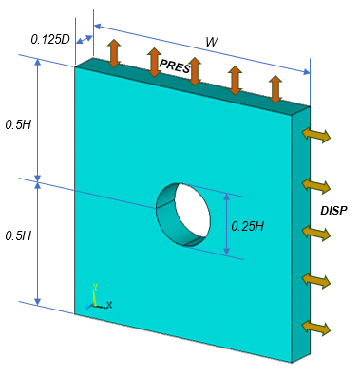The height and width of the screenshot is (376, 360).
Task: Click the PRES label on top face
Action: pyautogui.click(x=175, y=67)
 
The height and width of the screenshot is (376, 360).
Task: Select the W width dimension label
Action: pyautogui.click(x=211, y=42)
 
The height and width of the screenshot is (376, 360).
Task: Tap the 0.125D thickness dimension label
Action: pyautogui.click(x=50, y=40)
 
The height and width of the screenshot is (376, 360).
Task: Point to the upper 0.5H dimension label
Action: pyautogui.click(x=17, y=124)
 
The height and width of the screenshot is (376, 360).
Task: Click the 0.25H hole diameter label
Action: pyautogui.click(x=247, y=225)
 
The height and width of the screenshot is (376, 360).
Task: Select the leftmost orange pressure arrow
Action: pyautogui.click(x=114, y=53)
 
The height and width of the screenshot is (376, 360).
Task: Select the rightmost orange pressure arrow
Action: pyautogui.click(x=275, y=88)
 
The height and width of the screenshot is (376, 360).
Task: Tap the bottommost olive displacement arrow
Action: pyautogui.click(x=317, y=328)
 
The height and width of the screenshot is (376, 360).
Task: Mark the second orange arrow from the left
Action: pyautogui.click(x=154, y=62)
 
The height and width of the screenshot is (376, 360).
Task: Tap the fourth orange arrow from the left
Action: pyautogui.click(x=235, y=80)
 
